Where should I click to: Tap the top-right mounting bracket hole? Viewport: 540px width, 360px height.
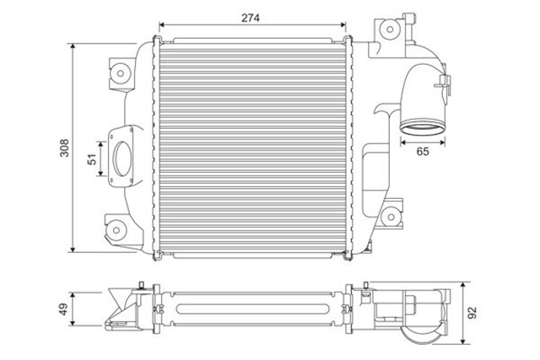point(390,29)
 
